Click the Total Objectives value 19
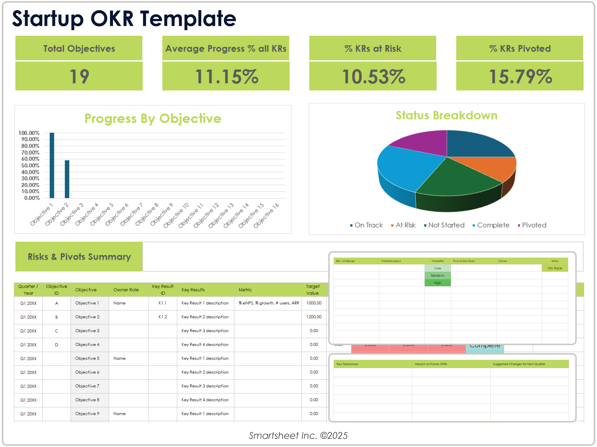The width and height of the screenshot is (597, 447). click(x=79, y=77)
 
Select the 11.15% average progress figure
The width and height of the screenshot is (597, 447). click(x=226, y=77)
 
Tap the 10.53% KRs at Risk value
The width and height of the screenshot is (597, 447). click(x=373, y=77)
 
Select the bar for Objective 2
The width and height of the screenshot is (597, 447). click(x=67, y=179)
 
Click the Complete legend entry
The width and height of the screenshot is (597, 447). click(x=493, y=225)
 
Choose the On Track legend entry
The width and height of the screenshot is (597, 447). click(x=368, y=225)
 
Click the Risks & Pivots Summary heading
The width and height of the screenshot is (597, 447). click(x=79, y=257)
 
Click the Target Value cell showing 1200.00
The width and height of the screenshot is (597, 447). click(x=314, y=317)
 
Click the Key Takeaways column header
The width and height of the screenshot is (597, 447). click(x=347, y=364)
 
